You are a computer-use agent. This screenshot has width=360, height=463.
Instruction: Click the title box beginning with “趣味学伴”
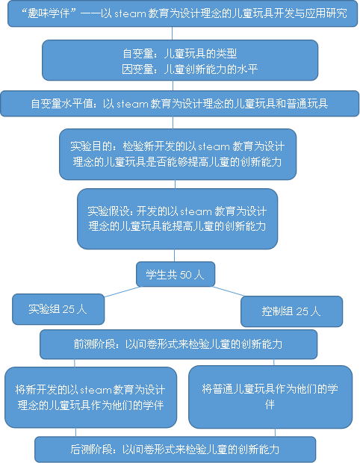[x=182, y=13]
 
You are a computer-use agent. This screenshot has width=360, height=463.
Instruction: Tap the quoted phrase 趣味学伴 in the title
[x=49, y=13]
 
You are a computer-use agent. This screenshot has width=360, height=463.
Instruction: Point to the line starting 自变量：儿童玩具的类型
[x=180, y=54]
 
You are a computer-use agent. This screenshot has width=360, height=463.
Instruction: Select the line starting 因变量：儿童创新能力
[x=190, y=69]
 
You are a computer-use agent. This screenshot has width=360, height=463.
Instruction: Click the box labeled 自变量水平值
[x=179, y=104]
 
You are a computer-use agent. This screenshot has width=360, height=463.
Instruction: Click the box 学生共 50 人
[x=176, y=274]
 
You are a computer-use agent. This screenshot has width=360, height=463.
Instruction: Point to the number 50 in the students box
[x=185, y=275]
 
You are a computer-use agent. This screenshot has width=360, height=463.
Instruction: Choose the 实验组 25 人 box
[x=58, y=309]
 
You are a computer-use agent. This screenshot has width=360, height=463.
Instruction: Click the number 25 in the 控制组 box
[x=302, y=311]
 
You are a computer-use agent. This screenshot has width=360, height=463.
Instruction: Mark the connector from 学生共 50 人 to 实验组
[x=122, y=292]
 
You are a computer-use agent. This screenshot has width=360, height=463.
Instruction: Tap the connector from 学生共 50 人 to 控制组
[x=228, y=291]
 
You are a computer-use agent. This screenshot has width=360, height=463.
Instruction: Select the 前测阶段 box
[x=179, y=344]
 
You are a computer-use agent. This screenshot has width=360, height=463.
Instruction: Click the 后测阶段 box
[x=176, y=450]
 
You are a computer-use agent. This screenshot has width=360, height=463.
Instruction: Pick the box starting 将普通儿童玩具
[x=270, y=397]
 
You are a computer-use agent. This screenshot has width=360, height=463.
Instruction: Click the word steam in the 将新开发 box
[x=96, y=390]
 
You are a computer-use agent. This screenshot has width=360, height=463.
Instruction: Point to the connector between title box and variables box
[x=173, y=34]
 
